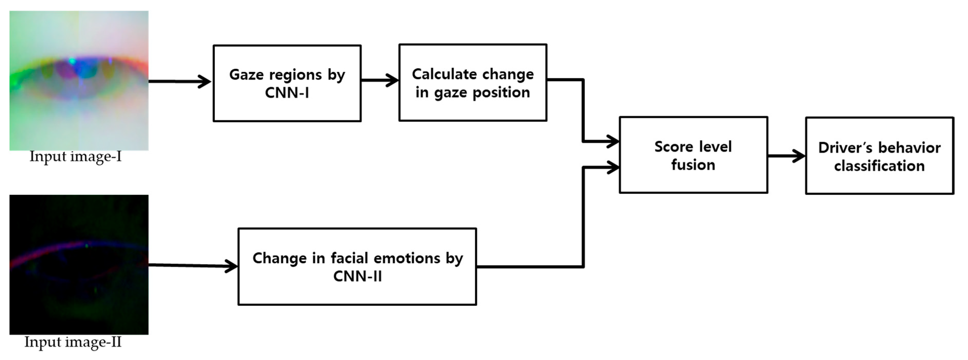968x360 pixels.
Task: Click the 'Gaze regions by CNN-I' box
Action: tap(287, 83)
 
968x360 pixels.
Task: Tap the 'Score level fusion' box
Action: tap(693, 155)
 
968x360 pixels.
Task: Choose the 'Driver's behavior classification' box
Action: tap(879, 156)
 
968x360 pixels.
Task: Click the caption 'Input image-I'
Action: tap(75, 156)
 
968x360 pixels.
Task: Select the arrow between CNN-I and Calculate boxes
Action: tap(379, 80)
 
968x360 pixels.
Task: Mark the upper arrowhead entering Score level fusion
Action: tap(612, 142)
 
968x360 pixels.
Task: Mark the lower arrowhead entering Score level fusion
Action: tap(612, 167)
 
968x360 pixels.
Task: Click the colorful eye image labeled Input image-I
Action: tap(79, 80)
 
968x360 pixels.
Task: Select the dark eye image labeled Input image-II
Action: tap(79, 264)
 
